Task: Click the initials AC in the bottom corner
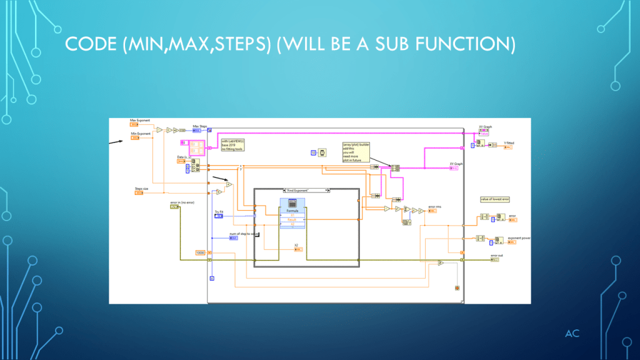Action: click(572, 334)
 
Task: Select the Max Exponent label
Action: click(140, 119)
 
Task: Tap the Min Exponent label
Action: click(140, 134)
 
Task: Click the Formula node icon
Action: click(292, 204)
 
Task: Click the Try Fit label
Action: click(219, 212)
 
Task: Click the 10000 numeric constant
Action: click(201, 252)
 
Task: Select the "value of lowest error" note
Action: click(495, 199)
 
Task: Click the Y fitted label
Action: click(509, 142)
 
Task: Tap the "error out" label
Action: click(496, 255)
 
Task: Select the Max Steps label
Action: click(200, 126)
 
